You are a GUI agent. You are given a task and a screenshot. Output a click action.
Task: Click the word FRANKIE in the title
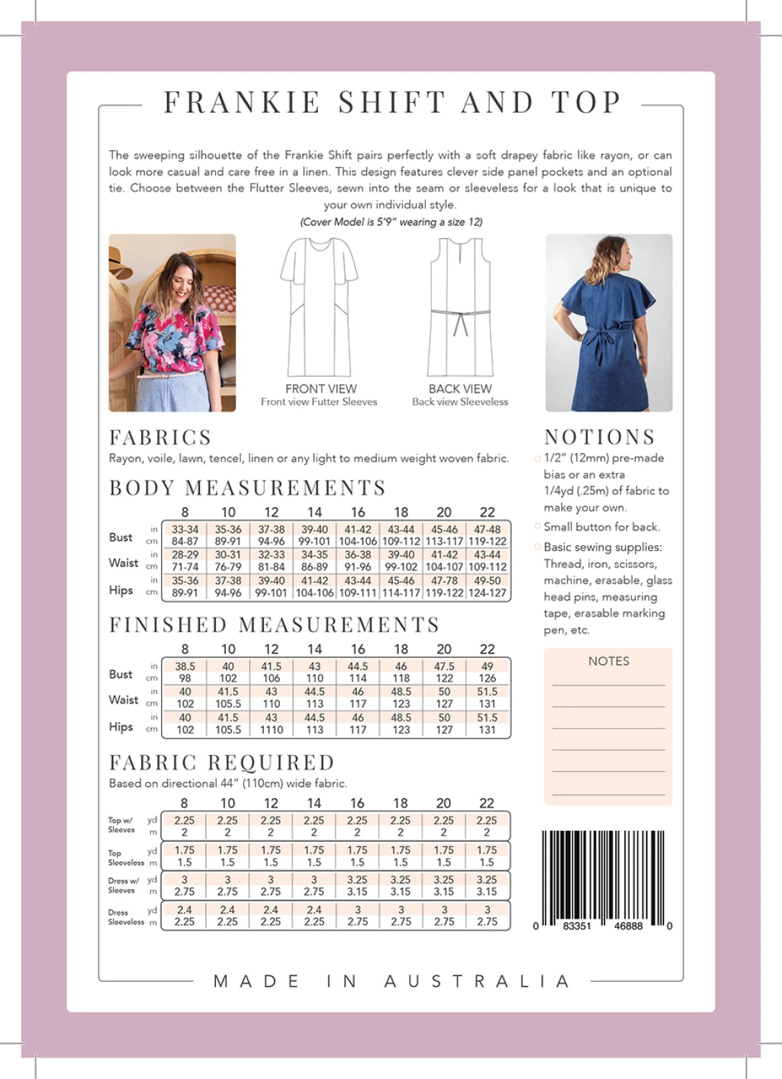(242, 103)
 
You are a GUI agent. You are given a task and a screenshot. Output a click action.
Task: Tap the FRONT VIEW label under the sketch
(321, 388)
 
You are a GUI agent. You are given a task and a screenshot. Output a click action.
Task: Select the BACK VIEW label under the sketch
(460, 388)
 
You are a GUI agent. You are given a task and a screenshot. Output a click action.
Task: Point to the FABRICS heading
(160, 437)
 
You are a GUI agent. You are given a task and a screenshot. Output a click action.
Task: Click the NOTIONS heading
(599, 437)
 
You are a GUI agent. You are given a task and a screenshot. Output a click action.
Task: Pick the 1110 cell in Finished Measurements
(271, 729)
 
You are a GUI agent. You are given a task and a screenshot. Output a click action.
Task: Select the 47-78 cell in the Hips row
(444, 581)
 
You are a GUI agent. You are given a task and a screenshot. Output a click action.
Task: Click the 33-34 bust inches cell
(185, 529)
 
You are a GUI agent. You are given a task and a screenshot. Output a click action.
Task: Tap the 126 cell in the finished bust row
(487, 678)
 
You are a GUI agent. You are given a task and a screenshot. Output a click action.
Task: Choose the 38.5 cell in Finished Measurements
(185, 667)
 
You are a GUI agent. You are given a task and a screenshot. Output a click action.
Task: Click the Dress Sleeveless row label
(126, 917)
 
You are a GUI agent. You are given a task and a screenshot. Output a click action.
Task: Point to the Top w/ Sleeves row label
(121, 825)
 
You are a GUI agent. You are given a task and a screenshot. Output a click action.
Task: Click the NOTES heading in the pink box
(609, 661)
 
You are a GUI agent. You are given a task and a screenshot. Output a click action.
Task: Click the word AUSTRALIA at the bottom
(478, 981)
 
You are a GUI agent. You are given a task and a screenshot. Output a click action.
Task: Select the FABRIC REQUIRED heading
(222, 762)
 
